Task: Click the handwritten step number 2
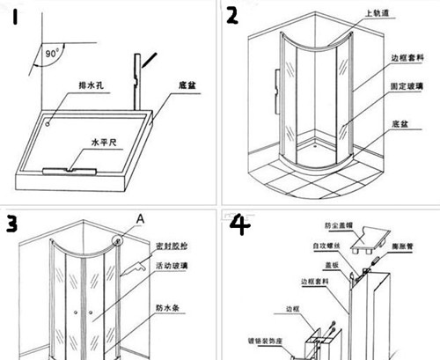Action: pyautogui.click(x=232, y=15)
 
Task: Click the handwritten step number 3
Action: pyautogui.click(x=11, y=224)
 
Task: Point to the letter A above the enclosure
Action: pyautogui.click(x=138, y=217)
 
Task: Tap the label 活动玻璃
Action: pyautogui.click(x=172, y=265)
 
